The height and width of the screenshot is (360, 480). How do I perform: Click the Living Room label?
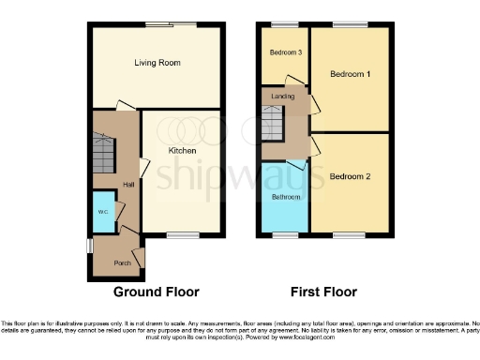pos(157,63)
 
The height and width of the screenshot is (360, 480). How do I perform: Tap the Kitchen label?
pos(182,150)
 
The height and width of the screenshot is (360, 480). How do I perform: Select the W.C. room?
pos(102,211)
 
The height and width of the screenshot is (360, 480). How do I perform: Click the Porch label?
pos(122,262)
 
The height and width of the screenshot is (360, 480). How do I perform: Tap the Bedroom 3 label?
pos(285,52)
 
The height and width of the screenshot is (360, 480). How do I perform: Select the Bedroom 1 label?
pos(350,72)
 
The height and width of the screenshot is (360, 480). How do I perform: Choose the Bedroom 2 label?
pos(350,175)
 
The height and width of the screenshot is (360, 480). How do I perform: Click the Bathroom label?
pos(286,198)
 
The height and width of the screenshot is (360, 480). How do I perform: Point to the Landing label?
pos(282,97)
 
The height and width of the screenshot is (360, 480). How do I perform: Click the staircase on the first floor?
pos(271,122)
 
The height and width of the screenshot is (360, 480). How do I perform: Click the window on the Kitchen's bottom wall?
pos(182,234)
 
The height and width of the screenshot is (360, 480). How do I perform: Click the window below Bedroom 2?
pos(350,234)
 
